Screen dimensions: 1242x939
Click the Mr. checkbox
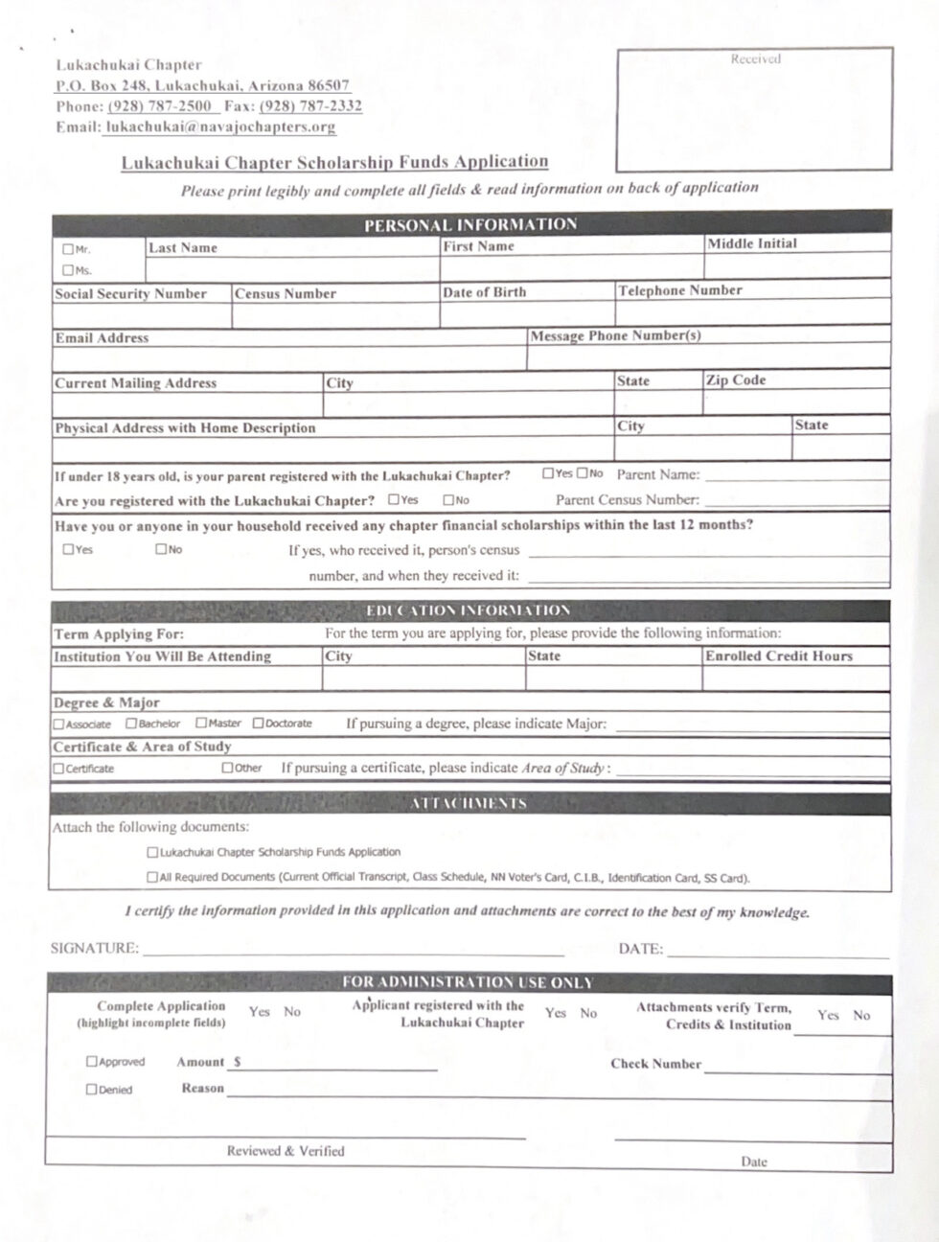pyautogui.click(x=68, y=249)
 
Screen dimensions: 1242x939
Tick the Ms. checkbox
pyautogui.click(x=68, y=270)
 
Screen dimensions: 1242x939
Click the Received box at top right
pyautogui.click(x=754, y=109)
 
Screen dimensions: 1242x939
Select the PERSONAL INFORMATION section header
pyautogui.click(x=470, y=224)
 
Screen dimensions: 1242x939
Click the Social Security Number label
pyautogui.click(x=130, y=294)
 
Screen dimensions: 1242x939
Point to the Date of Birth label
pyautogui.click(x=484, y=292)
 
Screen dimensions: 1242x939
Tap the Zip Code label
pyautogui.click(x=736, y=380)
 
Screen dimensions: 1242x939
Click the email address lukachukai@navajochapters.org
pyautogui.click(x=220, y=126)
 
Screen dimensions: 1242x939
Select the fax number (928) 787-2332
pyautogui.click(x=310, y=106)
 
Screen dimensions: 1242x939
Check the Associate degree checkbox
pyautogui.click(x=58, y=724)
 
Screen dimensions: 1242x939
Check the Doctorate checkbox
pyautogui.click(x=258, y=724)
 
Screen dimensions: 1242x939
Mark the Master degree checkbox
pyautogui.click(x=201, y=724)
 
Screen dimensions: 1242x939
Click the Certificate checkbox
pyautogui.click(x=58, y=769)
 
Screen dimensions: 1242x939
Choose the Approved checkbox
pyautogui.click(x=92, y=1062)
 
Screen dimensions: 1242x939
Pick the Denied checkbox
pyautogui.click(x=92, y=1090)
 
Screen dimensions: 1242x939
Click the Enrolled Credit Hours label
pyautogui.click(x=778, y=656)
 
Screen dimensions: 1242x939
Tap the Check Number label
pyautogui.click(x=655, y=1064)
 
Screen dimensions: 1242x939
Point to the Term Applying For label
pyautogui.click(x=119, y=634)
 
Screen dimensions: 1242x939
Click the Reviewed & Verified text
pyautogui.click(x=286, y=1151)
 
